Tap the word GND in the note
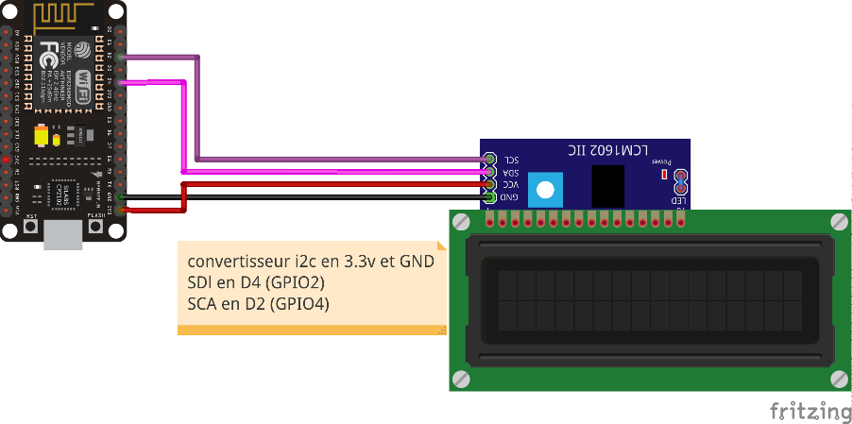(x=417, y=261)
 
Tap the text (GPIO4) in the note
(x=299, y=304)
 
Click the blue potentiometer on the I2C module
(x=544, y=189)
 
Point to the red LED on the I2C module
(x=665, y=175)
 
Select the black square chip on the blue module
(x=608, y=186)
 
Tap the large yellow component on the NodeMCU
(x=41, y=135)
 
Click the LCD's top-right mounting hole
(x=839, y=222)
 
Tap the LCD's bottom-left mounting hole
(x=461, y=379)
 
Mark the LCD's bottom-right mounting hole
(x=839, y=379)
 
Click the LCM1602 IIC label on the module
(x=608, y=150)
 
